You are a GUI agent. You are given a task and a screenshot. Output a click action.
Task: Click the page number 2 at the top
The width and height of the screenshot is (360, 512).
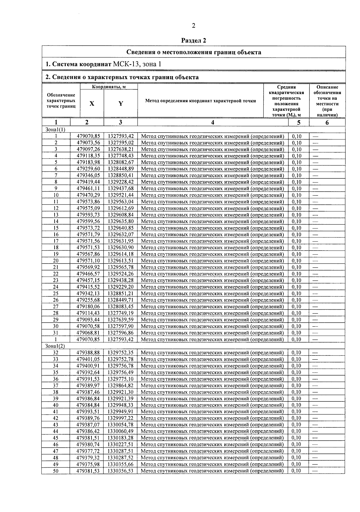click(193, 26)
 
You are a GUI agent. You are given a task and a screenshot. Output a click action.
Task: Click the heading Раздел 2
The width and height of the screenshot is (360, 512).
click(194, 40)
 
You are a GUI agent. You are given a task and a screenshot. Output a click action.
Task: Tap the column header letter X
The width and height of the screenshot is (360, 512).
click(92, 103)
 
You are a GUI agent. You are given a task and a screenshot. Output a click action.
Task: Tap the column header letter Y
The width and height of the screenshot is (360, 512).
click(121, 103)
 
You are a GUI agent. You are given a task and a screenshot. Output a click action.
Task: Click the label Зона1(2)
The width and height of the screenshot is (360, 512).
click(55, 346)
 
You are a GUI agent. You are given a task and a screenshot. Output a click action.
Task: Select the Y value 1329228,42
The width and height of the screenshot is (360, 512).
click(121, 182)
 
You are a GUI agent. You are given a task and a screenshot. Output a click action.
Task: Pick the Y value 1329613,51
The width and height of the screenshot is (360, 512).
click(121, 261)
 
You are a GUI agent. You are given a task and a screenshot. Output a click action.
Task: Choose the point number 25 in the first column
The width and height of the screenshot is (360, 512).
click(56, 293)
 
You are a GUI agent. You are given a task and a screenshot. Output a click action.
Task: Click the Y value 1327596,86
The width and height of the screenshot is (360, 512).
click(121, 333)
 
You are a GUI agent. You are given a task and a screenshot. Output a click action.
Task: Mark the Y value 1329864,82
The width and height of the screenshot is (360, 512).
click(121, 385)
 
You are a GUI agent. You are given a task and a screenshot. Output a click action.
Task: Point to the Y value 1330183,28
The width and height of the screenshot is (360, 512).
click(121, 438)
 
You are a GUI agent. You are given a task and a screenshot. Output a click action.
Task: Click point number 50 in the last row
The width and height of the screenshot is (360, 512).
click(56, 471)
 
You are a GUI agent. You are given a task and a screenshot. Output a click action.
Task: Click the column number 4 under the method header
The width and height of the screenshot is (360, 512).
click(212, 122)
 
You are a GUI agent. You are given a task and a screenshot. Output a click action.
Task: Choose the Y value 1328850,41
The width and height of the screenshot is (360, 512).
click(121, 175)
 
